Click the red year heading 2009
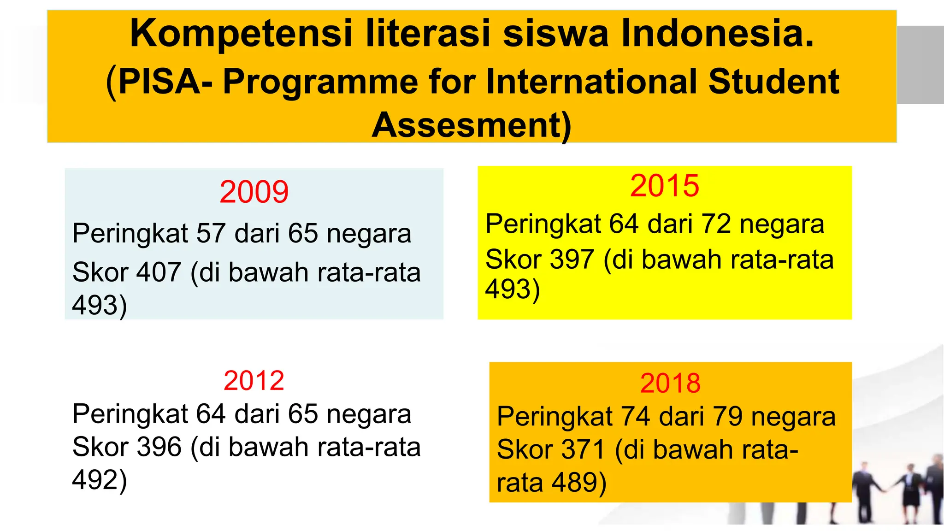pos(254,192)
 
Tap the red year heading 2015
pos(664,186)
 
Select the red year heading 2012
pos(254,381)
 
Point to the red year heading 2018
pos(670,383)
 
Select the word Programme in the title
pos(321,82)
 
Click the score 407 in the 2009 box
pos(159,272)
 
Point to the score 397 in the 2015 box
pos(572,259)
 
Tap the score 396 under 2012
pos(159,447)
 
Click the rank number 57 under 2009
pos(211,233)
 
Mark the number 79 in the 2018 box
pos(727,417)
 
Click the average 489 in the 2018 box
pos(578,483)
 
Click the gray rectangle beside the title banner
pos(920,65)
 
